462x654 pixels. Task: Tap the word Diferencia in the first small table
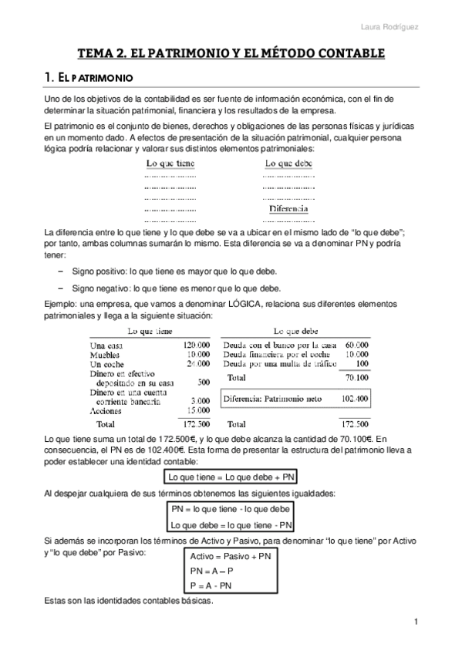(x=288, y=209)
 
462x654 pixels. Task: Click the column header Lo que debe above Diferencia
(x=288, y=163)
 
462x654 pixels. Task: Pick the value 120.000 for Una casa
(x=197, y=345)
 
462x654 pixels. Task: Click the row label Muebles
(x=106, y=354)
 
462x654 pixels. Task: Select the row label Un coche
(x=107, y=363)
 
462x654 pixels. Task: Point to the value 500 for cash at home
(x=204, y=382)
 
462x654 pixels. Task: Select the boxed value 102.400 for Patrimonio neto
(x=355, y=399)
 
